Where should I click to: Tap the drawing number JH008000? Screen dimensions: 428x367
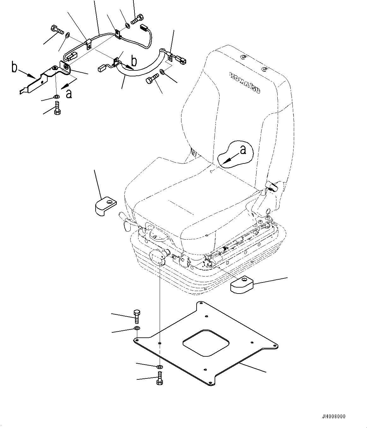tap(334, 417)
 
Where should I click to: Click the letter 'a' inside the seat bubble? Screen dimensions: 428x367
tap(243, 150)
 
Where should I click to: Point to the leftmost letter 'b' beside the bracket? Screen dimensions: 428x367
tap(15, 68)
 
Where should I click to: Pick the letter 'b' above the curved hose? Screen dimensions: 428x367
tap(134, 61)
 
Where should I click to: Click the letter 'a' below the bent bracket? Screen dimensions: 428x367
tap(69, 93)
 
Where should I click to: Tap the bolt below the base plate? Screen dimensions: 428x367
tap(159, 378)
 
